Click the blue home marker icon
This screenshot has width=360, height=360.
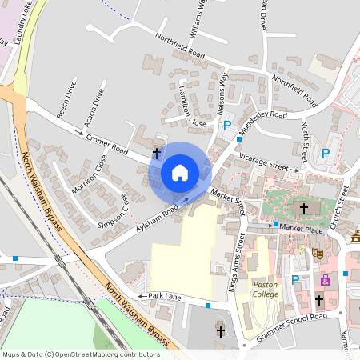point(180,173)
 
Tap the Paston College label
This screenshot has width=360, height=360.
point(266,289)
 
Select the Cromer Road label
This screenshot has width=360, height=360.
point(106,144)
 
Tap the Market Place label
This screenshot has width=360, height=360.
point(301,229)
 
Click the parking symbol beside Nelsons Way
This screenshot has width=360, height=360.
point(227,126)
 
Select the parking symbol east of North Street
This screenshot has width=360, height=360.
point(326,153)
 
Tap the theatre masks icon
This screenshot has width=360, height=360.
point(317,251)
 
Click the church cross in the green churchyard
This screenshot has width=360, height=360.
point(303,209)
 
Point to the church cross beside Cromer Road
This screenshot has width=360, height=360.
point(156,150)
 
